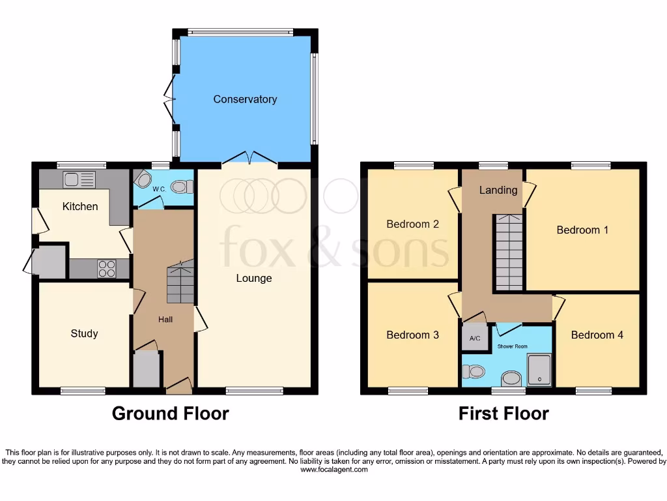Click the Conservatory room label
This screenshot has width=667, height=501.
[x=245, y=99]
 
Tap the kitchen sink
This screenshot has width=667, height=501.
[x=79, y=178]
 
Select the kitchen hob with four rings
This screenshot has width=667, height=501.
[x=107, y=269]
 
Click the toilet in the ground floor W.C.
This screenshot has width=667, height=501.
[x=182, y=187]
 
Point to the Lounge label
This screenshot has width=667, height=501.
[x=253, y=279]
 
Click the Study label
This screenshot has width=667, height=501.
[x=84, y=333]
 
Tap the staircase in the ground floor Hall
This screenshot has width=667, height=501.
[x=180, y=282]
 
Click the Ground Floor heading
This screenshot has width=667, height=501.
[x=170, y=414]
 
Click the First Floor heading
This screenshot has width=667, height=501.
[x=504, y=414]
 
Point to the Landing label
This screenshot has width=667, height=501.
[x=498, y=190]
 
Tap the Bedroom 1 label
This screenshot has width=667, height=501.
[x=582, y=230]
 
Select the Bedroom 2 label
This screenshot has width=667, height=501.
[x=412, y=224]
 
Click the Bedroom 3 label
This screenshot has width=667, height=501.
[x=412, y=335]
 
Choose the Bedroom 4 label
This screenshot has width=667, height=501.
[x=597, y=335]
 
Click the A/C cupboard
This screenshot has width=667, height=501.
[x=475, y=338]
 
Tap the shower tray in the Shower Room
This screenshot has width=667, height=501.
[x=539, y=370]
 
